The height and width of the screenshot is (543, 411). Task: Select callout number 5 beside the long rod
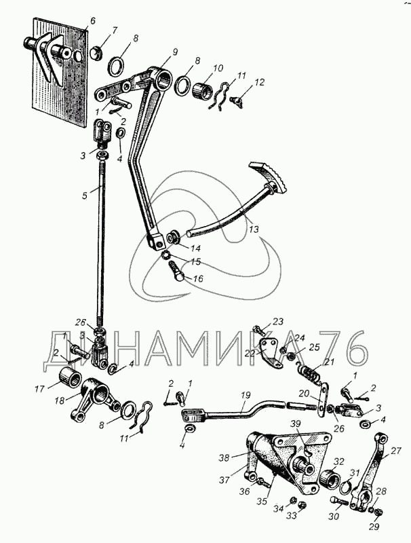pos(85,195)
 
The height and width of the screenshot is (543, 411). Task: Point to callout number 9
pos(175,52)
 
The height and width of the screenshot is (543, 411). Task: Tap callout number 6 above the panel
pos(93,21)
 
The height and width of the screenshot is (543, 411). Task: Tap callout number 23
pos(278,322)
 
